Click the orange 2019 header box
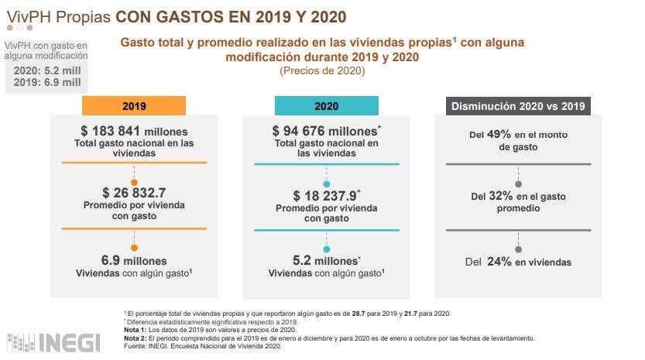[134, 105]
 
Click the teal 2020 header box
[326, 105]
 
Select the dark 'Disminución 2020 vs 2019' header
[518, 105]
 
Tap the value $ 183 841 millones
[134, 132]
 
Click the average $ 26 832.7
[134, 192]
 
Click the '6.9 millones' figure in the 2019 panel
[134, 261]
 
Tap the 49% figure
[499, 134]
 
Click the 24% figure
[499, 262]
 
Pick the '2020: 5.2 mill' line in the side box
[46, 70]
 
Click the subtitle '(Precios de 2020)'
[322, 71]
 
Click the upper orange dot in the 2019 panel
[134, 182]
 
